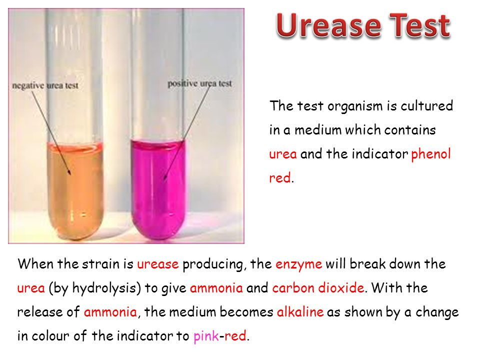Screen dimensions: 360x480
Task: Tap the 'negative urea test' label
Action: click(x=45, y=86)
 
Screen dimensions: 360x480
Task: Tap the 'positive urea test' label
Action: click(x=199, y=83)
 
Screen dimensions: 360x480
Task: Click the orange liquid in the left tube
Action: click(x=75, y=190)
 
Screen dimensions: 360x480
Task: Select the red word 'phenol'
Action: click(x=430, y=154)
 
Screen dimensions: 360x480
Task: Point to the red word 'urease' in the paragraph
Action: click(x=157, y=264)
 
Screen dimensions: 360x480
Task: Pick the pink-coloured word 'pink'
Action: click(x=205, y=336)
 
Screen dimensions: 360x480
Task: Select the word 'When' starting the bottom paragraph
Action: click(x=33, y=264)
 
